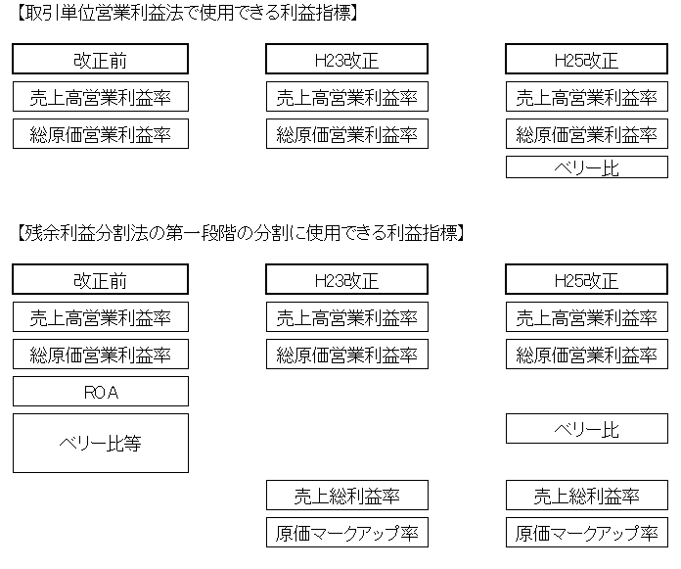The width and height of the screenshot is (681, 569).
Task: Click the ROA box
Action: pos(101,391)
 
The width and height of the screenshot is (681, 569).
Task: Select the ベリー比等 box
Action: pos(101,443)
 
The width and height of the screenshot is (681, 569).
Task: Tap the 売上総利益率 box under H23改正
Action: pos(347,496)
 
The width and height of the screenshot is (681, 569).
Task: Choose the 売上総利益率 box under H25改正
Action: pos(587,496)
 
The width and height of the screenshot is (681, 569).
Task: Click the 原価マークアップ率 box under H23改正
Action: pos(347,532)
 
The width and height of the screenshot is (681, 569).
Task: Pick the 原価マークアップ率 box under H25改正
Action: pos(587,532)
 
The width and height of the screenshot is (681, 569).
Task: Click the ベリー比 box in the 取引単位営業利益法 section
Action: pos(587,166)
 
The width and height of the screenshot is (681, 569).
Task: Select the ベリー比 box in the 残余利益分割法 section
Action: pos(587,429)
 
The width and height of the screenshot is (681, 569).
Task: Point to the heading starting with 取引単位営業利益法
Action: pos(187,14)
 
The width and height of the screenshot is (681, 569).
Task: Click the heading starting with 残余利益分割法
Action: pos(241,233)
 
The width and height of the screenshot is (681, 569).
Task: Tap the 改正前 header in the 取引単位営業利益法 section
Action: pos(101,59)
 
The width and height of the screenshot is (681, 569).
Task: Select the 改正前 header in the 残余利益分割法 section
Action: pos(101,279)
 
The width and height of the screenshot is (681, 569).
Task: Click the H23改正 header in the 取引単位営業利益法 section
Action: pos(347,59)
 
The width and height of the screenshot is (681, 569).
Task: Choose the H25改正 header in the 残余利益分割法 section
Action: pos(587,279)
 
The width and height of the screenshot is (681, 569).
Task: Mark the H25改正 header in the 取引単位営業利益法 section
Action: pos(587,59)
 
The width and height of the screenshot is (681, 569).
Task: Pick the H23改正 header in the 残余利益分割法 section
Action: pos(347,279)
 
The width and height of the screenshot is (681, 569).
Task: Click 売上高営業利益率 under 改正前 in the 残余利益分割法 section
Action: pos(101,317)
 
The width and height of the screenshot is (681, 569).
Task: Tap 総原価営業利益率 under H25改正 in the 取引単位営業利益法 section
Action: pos(587,134)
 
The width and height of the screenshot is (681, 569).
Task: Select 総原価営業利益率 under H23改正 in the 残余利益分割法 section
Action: pos(347,355)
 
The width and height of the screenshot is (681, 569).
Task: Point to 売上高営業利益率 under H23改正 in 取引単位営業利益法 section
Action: pos(347,97)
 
